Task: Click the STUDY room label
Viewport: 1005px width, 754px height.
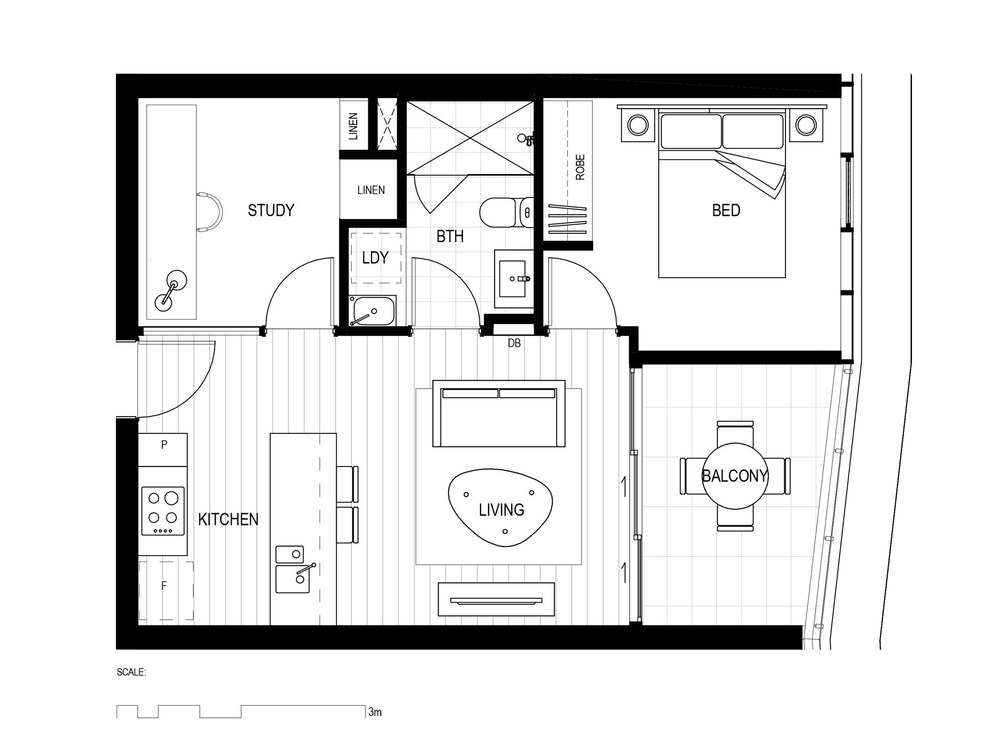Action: point(271,210)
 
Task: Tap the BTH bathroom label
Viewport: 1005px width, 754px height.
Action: point(450,236)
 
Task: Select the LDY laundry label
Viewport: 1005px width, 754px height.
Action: point(375,258)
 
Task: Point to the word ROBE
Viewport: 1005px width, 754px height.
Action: point(580,167)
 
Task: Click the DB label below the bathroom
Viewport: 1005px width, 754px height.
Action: point(514,343)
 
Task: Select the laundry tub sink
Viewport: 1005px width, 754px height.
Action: point(372,311)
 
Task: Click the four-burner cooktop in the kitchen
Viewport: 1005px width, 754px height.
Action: point(163,511)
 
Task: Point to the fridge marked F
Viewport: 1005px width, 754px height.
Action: point(166,590)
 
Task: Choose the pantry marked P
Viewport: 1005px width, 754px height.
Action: point(163,449)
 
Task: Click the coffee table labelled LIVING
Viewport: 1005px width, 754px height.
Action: point(500,508)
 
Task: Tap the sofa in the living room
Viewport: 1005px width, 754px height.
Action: point(499,414)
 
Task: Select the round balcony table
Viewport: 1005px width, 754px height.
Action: point(735,476)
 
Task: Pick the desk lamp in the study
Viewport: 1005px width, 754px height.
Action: point(170,291)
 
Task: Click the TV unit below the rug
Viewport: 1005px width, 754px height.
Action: point(496,599)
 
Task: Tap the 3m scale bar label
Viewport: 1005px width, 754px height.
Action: point(375,712)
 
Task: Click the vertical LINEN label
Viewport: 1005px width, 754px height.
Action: point(353,126)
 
